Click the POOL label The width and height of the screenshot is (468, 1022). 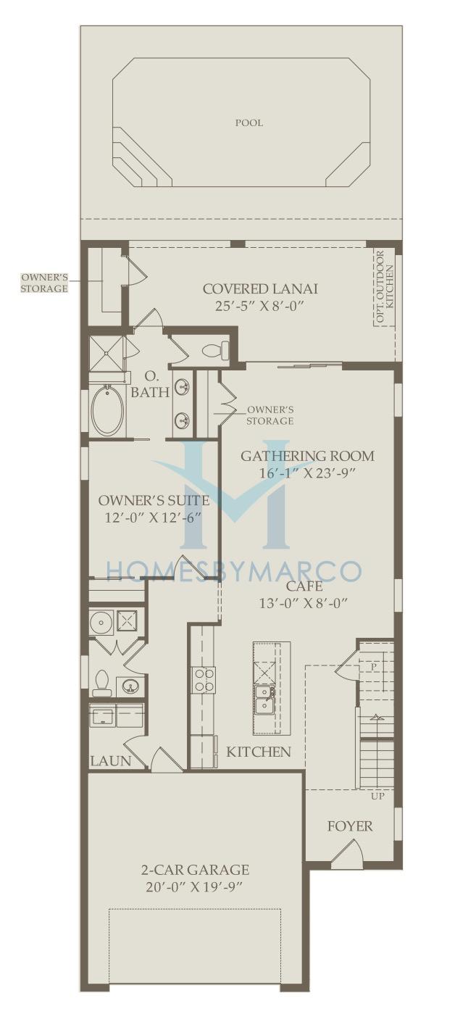click(x=248, y=122)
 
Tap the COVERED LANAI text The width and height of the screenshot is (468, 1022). click(x=260, y=288)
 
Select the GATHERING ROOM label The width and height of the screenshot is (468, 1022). click(x=307, y=456)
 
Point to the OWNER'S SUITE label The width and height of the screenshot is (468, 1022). click(x=154, y=501)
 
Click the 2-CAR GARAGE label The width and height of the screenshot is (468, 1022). click(x=195, y=870)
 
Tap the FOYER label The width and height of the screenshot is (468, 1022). click(x=350, y=826)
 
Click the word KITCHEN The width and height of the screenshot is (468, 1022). click(x=259, y=752)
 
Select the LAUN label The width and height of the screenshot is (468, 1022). click(x=111, y=761)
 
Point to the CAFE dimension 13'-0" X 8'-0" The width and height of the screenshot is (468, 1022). click(x=304, y=603)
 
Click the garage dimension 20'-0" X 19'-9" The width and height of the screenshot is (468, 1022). click(x=195, y=887)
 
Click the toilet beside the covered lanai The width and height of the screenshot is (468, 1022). click(x=217, y=350)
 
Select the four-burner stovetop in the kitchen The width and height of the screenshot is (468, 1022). click(x=204, y=681)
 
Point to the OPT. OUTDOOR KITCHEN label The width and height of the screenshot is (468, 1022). click(x=384, y=288)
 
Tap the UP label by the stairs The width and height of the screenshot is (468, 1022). click(x=378, y=796)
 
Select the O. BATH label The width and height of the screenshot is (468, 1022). click(x=150, y=385)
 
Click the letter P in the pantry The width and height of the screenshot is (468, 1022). click(x=374, y=667)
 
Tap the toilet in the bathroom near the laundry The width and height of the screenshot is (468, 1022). click(x=101, y=684)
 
